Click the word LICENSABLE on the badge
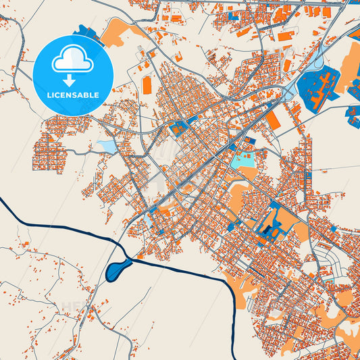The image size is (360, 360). click(x=72, y=95)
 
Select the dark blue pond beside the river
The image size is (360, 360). click(x=116, y=270)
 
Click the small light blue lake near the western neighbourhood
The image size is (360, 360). click(x=107, y=146)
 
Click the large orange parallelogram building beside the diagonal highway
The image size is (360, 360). click(x=274, y=120)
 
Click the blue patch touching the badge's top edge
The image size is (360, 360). click(x=86, y=31)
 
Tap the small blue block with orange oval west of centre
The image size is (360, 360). click(x=180, y=128)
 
